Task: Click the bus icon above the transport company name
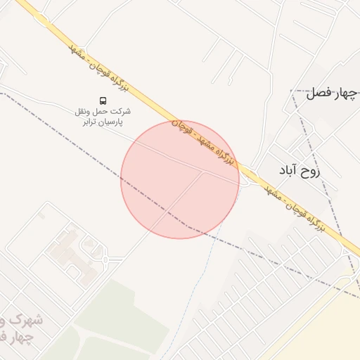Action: (x=103, y=100)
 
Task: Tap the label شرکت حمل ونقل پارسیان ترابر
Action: (x=103, y=116)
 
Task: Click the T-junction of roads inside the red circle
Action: (x=204, y=171)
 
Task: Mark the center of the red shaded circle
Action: (x=179, y=180)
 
